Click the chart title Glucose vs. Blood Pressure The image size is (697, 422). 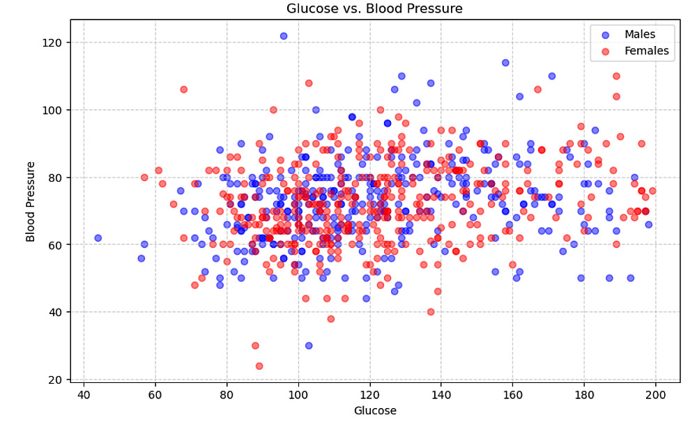374,9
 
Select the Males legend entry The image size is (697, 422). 639,35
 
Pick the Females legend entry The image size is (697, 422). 646,51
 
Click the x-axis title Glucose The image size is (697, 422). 374,411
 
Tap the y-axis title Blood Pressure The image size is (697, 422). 31,201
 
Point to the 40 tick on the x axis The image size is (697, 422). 84,395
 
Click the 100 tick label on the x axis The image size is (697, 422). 298,395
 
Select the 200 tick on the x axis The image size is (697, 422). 656,395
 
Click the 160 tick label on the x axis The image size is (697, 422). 513,395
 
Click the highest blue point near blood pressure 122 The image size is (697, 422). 284,36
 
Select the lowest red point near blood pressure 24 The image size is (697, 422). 259,366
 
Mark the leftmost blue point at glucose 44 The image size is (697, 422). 98,238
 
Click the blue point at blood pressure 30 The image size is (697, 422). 309,345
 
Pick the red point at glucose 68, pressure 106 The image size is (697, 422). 184,90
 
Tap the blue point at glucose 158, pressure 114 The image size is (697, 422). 505,63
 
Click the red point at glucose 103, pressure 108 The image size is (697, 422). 309,83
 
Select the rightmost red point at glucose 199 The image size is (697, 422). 652,191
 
